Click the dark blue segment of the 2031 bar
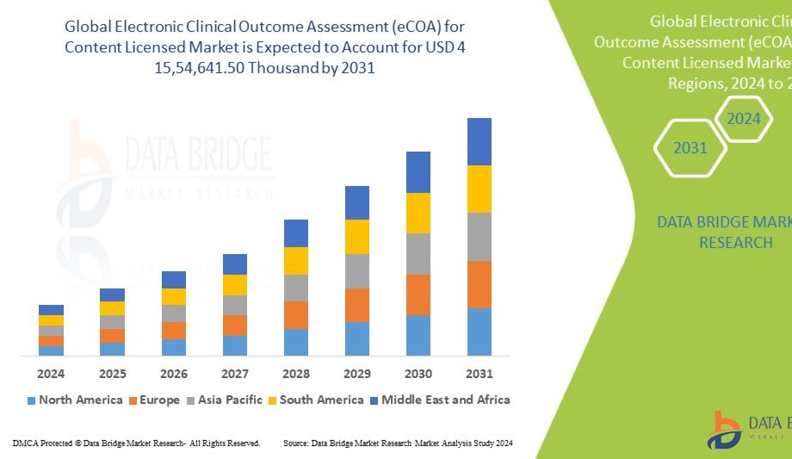[x=479, y=141]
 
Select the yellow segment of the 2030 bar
[x=418, y=213]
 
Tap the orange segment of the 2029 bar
[x=356, y=305]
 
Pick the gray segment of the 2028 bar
[x=295, y=288]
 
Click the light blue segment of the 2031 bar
[x=479, y=332]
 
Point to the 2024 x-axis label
[x=51, y=374]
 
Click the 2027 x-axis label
[x=234, y=374]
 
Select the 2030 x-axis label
[x=418, y=374]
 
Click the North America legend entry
[x=75, y=400]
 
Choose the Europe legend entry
[x=154, y=400]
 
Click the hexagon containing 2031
[x=690, y=148]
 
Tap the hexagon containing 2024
[x=744, y=119]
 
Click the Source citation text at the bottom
[x=398, y=443]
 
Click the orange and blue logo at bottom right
[x=725, y=429]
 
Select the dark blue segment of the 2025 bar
[x=112, y=295]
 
